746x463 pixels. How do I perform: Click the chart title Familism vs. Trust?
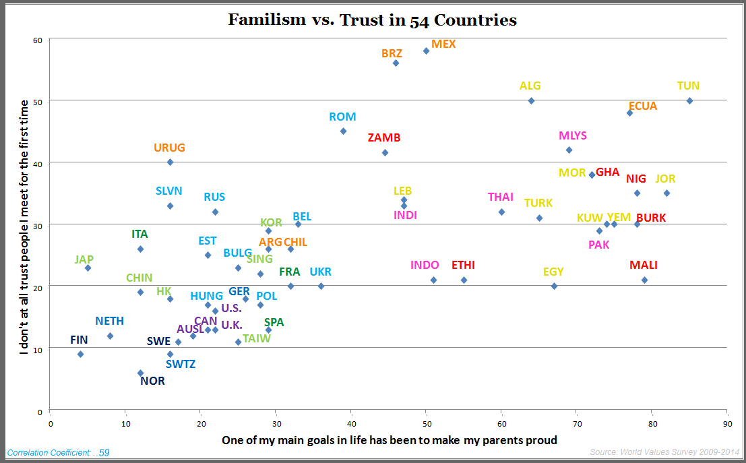pyautogui.click(x=372, y=20)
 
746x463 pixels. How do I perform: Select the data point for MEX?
pyautogui.click(x=426, y=51)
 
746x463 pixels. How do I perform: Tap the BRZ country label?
pyautogui.click(x=392, y=53)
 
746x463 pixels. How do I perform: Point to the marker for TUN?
pyautogui.click(x=689, y=100)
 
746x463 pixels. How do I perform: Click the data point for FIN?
pyautogui.click(x=81, y=354)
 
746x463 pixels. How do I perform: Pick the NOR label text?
pyautogui.click(x=152, y=381)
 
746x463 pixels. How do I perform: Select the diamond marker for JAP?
pyautogui.click(x=88, y=268)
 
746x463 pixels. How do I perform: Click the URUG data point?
pyautogui.click(x=170, y=162)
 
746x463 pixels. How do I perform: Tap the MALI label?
pyautogui.click(x=644, y=265)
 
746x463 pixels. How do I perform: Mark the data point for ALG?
pyautogui.click(x=531, y=100)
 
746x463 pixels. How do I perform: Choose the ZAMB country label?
pyautogui.click(x=384, y=137)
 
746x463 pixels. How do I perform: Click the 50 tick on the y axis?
pyautogui.click(x=38, y=101)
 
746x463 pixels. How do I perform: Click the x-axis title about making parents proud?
pyautogui.click(x=390, y=440)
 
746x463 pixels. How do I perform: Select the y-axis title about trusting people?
pyautogui.click(x=24, y=228)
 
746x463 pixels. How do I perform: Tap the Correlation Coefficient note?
pyautogui.click(x=58, y=453)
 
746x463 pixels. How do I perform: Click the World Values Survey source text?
pyautogui.click(x=664, y=452)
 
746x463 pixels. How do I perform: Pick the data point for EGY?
pyautogui.click(x=554, y=286)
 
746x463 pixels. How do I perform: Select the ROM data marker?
pyautogui.click(x=343, y=131)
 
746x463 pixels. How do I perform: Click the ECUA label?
pyautogui.click(x=642, y=106)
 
